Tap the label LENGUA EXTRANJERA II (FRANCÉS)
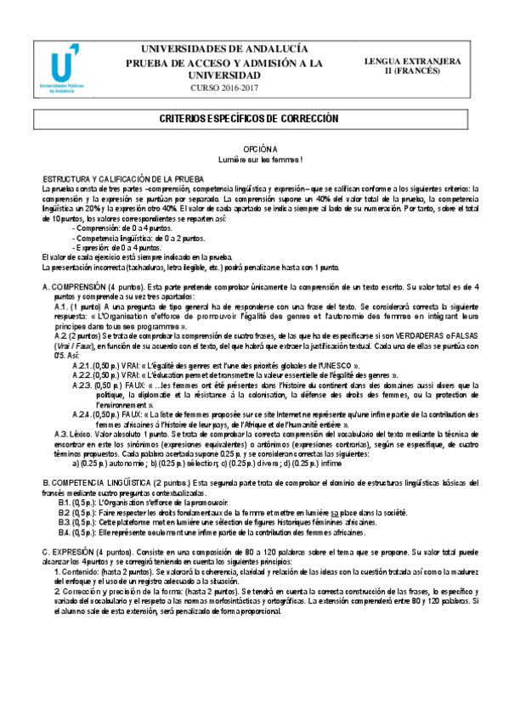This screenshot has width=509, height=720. point(412,67)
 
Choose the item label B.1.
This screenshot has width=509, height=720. point(65,503)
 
